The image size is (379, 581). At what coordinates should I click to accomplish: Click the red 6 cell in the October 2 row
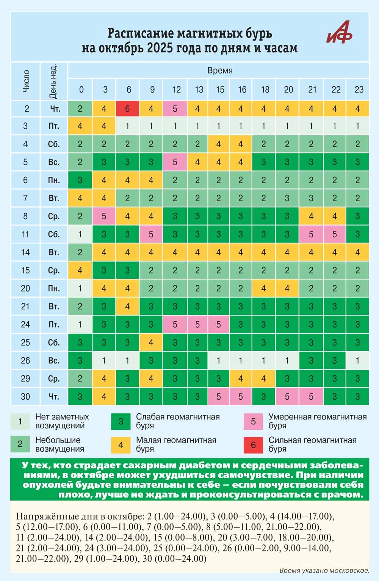(x=127, y=109)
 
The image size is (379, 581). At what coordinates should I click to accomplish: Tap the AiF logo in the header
(x=339, y=32)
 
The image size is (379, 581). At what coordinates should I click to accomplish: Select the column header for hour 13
(x=199, y=90)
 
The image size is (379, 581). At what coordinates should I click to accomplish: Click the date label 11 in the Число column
(x=25, y=234)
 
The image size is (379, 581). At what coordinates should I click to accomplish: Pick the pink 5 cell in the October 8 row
(x=104, y=216)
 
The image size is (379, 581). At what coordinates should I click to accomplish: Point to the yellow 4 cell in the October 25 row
(x=151, y=342)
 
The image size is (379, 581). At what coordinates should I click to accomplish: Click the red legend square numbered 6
(x=253, y=444)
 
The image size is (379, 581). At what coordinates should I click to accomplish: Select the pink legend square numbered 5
(x=253, y=421)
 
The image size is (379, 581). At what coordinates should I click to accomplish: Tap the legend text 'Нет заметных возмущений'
(x=62, y=421)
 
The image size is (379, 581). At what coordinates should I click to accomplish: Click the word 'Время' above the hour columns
(x=220, y=70)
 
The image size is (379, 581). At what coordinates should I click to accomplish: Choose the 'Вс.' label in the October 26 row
(x=54, y=360)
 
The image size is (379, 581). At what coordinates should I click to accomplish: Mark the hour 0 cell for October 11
(x=80, y=234)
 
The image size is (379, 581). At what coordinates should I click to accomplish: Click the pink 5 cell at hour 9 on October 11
(x=151, y=234)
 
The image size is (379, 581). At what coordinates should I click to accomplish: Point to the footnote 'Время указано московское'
(x=324, y=570)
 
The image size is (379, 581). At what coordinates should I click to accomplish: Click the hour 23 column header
(x=359, y=90)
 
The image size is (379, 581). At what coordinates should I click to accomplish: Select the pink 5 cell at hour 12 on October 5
(x=175, y=162)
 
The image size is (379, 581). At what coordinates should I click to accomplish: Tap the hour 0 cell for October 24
(x=80, y=324)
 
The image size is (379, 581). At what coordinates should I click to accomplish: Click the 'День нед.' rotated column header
(x=54, y=81)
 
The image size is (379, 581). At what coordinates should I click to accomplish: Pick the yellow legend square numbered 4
(x=121, y=444)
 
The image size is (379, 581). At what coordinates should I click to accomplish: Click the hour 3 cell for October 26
(x=104, y=360)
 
